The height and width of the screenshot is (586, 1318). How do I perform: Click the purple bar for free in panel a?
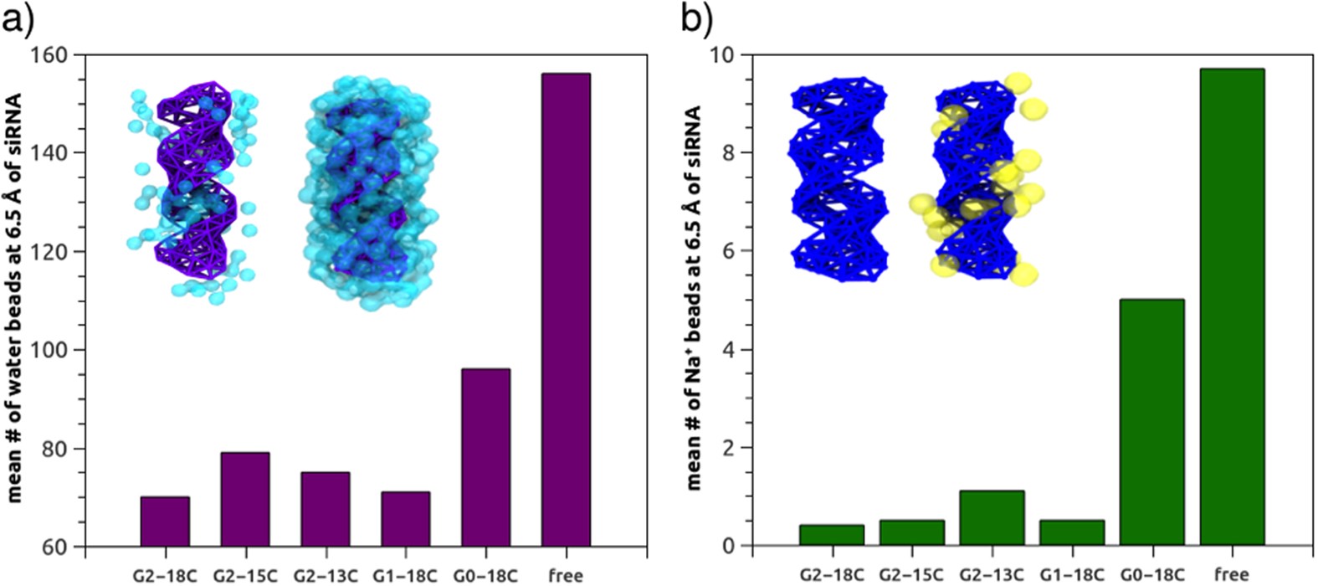pyautogui.click(x=566, y=310)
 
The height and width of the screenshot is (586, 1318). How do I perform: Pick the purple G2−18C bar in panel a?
pyautogui.click(x=165, y=522)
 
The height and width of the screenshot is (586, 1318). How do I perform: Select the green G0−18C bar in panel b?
pyautogui.click(x=1152, y=423)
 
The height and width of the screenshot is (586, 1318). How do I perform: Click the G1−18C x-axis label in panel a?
pyautogui.click(x=405, y=576)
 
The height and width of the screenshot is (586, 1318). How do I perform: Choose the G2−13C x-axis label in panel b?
pyautogui.click(x=992, y=575)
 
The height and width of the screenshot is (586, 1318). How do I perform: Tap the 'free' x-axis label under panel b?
pyautogui.click(x=1232, y=575)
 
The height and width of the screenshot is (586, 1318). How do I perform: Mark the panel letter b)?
pyautogui.click(x=696, y=18)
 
